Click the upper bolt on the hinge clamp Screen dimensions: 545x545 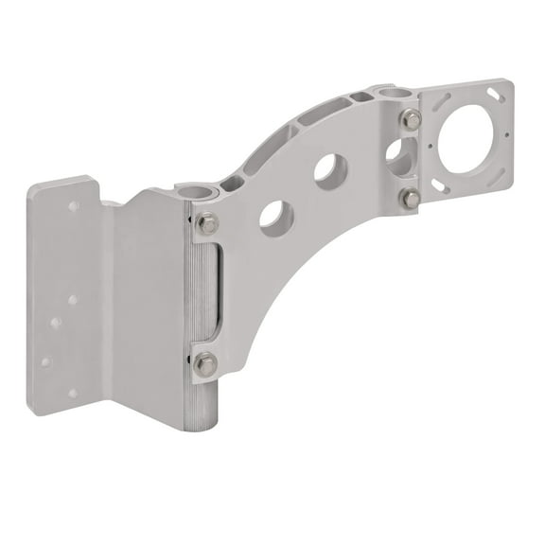207,224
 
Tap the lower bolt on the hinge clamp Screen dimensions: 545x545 205,363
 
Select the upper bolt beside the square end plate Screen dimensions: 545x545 411,119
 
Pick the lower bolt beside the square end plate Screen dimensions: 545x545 410,199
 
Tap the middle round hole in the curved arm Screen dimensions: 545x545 330,171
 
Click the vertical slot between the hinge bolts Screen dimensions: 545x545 216,292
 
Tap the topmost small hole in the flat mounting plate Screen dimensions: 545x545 73,205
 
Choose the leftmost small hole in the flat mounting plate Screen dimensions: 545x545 44,361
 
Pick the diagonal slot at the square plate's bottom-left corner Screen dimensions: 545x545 440,187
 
